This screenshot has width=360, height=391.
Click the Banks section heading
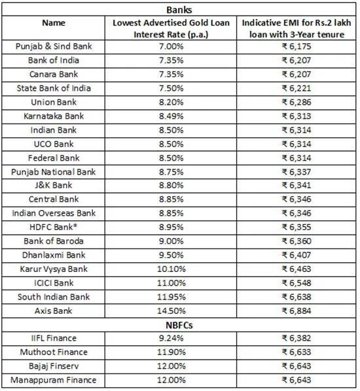(179, 10)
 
